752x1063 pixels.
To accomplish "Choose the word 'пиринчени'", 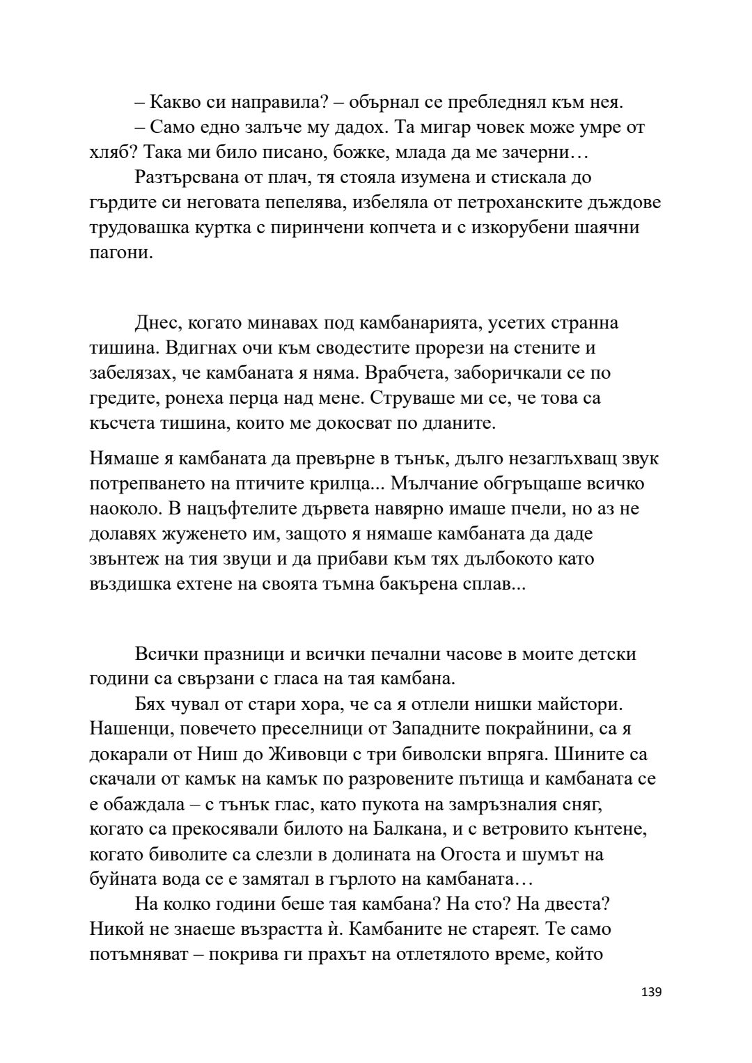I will (x=318, y=228).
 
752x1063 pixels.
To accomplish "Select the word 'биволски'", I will (x=485, y=755).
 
